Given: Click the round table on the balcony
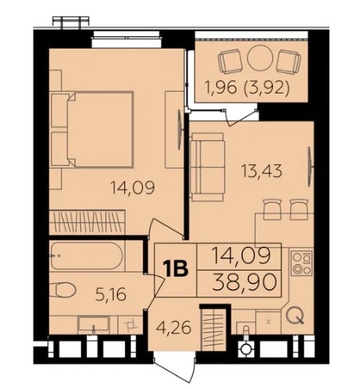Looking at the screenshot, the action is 260,58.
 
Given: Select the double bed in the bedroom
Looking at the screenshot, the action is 92,129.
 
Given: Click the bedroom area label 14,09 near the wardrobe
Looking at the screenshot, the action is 133,188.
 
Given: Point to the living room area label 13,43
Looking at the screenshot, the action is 262,171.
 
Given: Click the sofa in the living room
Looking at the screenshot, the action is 207,167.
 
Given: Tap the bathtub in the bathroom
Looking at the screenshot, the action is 87,256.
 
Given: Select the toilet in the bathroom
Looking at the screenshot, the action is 63,290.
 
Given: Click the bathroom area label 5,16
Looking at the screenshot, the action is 111,294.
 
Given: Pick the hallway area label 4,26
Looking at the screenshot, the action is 174,328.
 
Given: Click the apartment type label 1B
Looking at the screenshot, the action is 175,269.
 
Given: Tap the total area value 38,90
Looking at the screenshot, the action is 245,283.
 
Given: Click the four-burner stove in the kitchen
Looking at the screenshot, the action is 301,264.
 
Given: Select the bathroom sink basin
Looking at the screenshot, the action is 93,325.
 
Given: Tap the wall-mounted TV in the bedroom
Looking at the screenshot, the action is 180,130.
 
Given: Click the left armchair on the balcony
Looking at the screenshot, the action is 230,61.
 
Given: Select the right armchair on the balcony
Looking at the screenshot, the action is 289,61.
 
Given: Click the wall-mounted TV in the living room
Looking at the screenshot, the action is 310,167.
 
